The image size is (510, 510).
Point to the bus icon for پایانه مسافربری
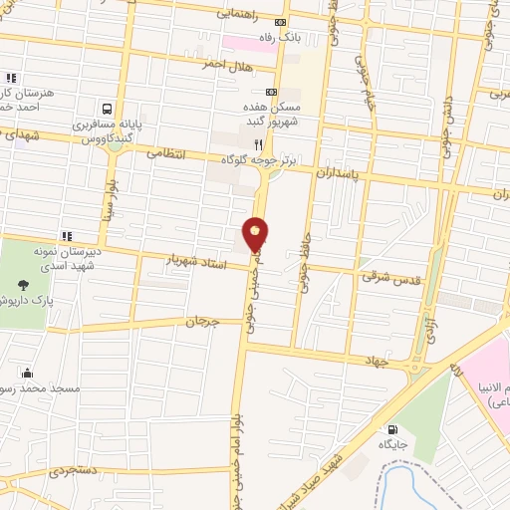pos(106,110)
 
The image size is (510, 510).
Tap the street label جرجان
pos(200,322)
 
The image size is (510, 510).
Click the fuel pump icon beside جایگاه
pos(384,431)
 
